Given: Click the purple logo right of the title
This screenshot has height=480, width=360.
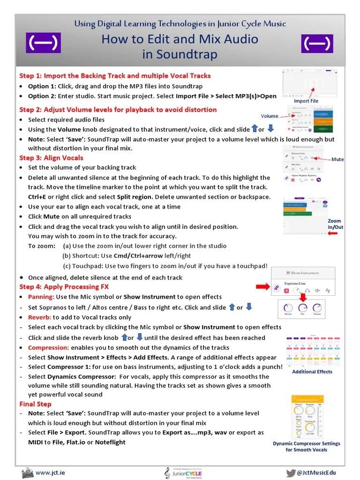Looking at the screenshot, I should (x=317, y=43).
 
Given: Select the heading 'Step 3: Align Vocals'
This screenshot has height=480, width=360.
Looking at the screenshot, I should (x=51, y=158).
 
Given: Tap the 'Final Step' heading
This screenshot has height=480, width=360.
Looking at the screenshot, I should (x=36, y=404).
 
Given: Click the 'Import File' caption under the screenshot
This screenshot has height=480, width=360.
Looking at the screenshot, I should (x=306, y=101).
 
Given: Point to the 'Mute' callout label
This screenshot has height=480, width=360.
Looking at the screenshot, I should (x=337, y=159).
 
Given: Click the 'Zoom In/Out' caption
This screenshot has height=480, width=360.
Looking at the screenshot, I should (x=335, y=224).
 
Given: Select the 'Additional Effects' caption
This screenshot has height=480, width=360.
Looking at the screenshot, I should (x=312, y=372).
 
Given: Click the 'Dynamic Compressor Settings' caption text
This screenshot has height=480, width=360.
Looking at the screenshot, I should (x=306, y=443).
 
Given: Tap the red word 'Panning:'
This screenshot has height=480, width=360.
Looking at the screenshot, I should (x=41, y=297).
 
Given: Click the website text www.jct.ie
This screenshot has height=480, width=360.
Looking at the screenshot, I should (x=50, y=472).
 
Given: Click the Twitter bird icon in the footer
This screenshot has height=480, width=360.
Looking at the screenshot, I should (x=291, y=472).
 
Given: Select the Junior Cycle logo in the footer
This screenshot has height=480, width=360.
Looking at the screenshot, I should (x=180, y=472).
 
